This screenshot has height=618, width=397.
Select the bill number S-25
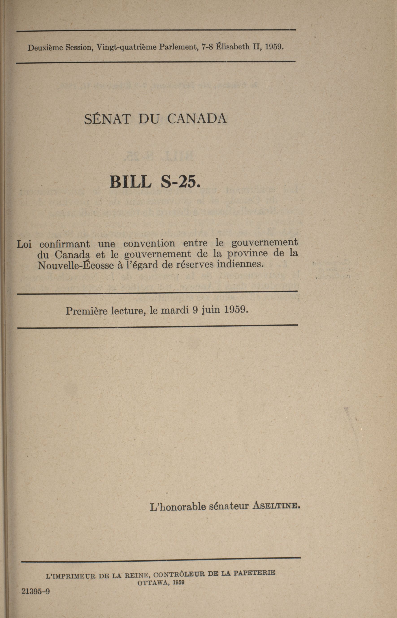point(180,182)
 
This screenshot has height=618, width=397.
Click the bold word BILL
point(130,182)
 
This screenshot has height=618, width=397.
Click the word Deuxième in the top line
point(45,48)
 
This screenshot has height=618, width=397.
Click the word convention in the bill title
point(149,243)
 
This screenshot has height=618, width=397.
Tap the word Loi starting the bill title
point(24,244)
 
